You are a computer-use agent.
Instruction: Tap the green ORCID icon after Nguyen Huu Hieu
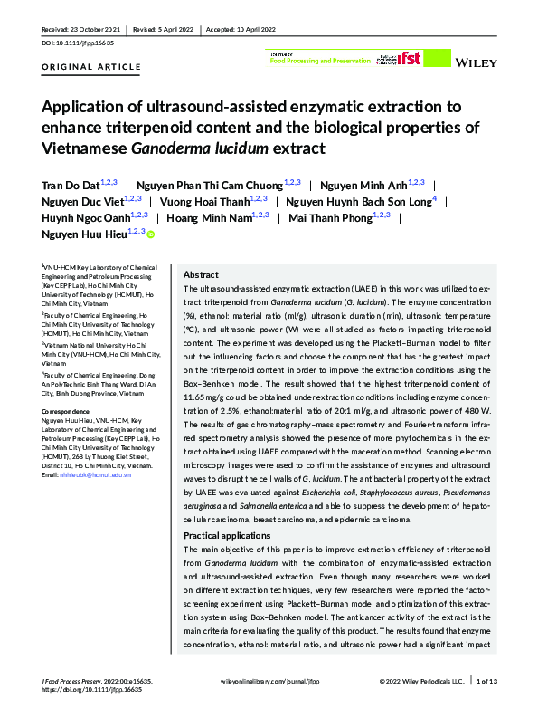coord(151,235)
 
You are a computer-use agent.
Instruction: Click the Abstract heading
coord(201,274)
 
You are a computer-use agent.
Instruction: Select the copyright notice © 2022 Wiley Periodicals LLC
coord(420,681)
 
